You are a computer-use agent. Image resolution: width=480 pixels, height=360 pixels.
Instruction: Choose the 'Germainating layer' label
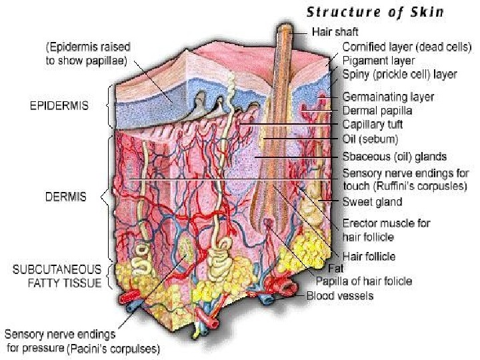[388, 97]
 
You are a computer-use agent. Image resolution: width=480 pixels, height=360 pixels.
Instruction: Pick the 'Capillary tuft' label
[372, 125]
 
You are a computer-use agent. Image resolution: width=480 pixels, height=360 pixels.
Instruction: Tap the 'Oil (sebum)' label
[370, 139]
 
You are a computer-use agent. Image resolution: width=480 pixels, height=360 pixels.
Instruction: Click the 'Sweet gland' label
[372, 201]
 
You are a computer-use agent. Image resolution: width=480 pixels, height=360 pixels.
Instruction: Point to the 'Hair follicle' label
[369, 256]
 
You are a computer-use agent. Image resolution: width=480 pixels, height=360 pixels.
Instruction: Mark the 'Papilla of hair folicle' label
[363, 281]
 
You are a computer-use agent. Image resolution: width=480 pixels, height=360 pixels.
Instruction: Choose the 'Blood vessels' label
[340, 295]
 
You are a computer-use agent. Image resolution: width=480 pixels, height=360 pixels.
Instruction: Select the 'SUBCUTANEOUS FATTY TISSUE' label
[57, 276]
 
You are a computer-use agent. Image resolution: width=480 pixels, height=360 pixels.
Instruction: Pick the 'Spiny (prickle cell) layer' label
[399, 75]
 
